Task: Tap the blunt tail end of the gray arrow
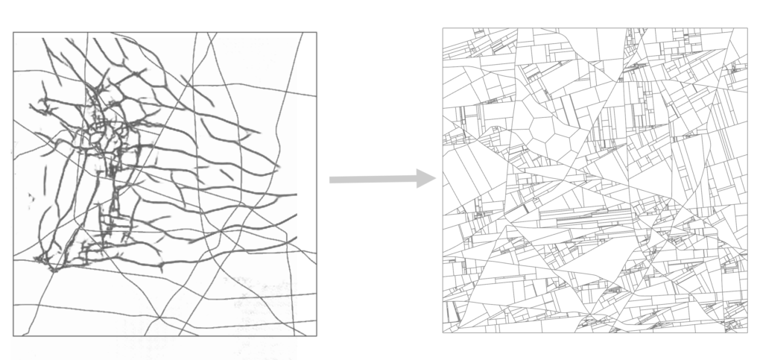(330, 180)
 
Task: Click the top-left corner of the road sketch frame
(13, 32)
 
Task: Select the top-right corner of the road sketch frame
(317, 32)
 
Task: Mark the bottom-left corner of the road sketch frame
(13, 336)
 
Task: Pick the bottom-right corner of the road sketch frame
(317, 336)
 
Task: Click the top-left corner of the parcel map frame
(443, 28)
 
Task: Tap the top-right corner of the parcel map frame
(747, 28)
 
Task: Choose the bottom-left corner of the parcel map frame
(443, 332)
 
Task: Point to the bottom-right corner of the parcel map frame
(747, 332)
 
